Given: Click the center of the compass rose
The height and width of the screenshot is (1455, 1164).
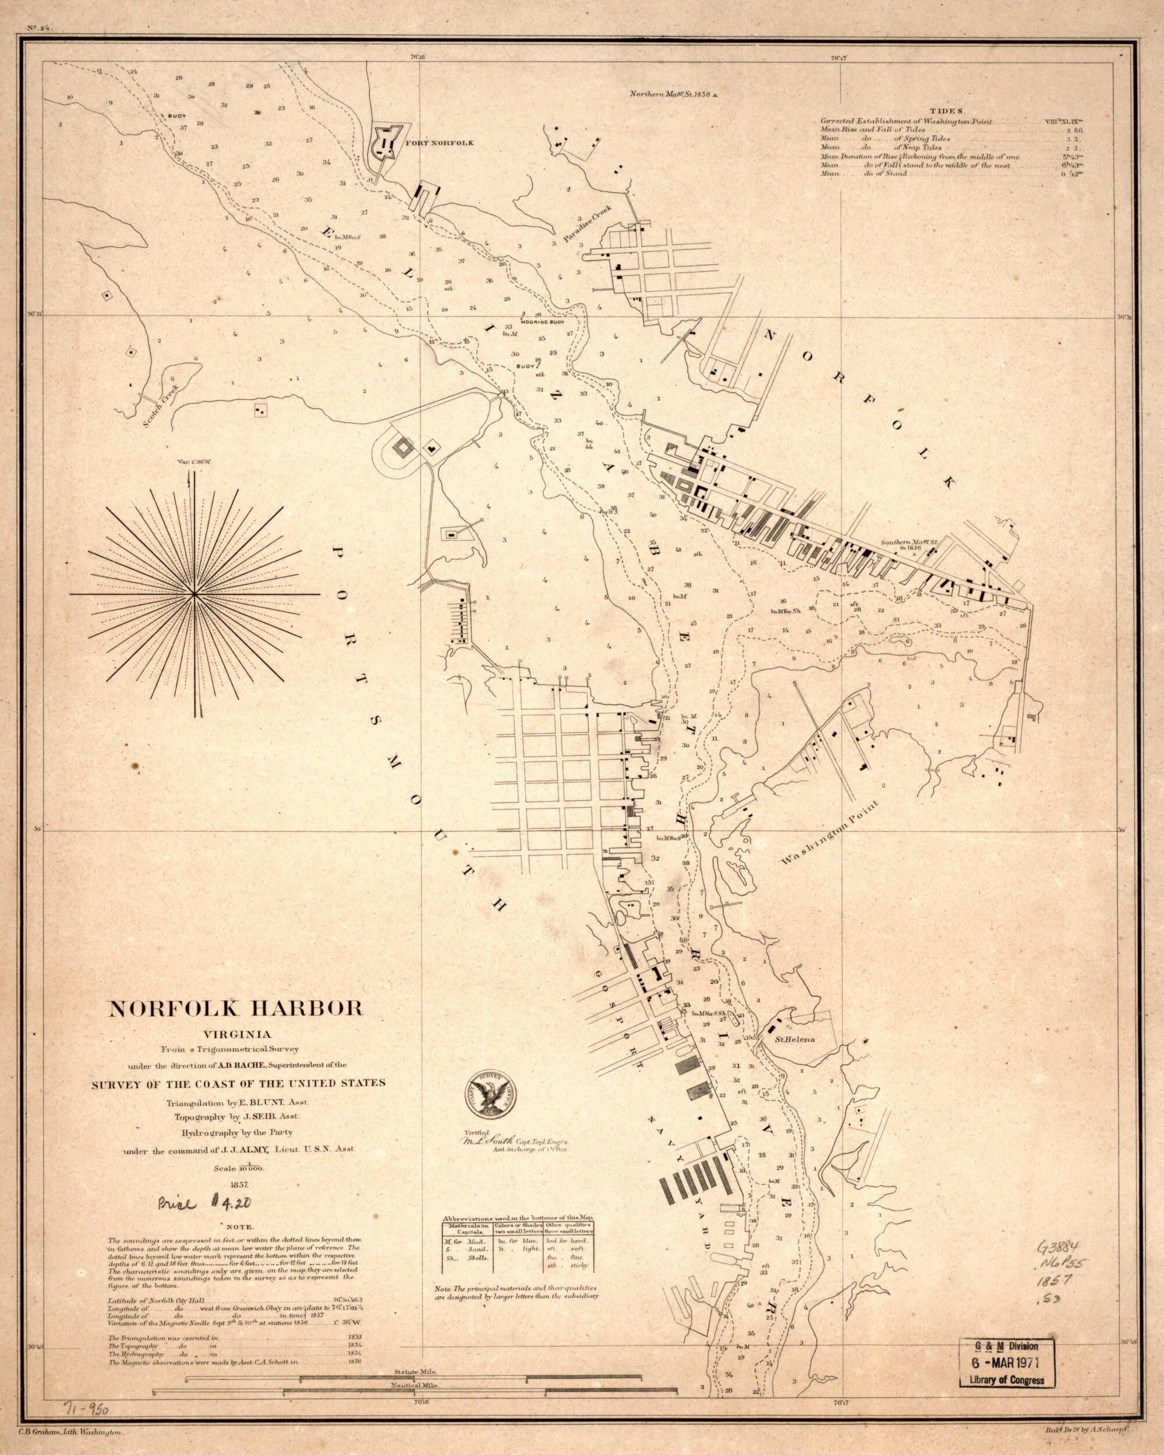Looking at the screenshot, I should [194, 594].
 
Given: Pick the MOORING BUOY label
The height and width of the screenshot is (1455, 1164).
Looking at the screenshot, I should [542, 322].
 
